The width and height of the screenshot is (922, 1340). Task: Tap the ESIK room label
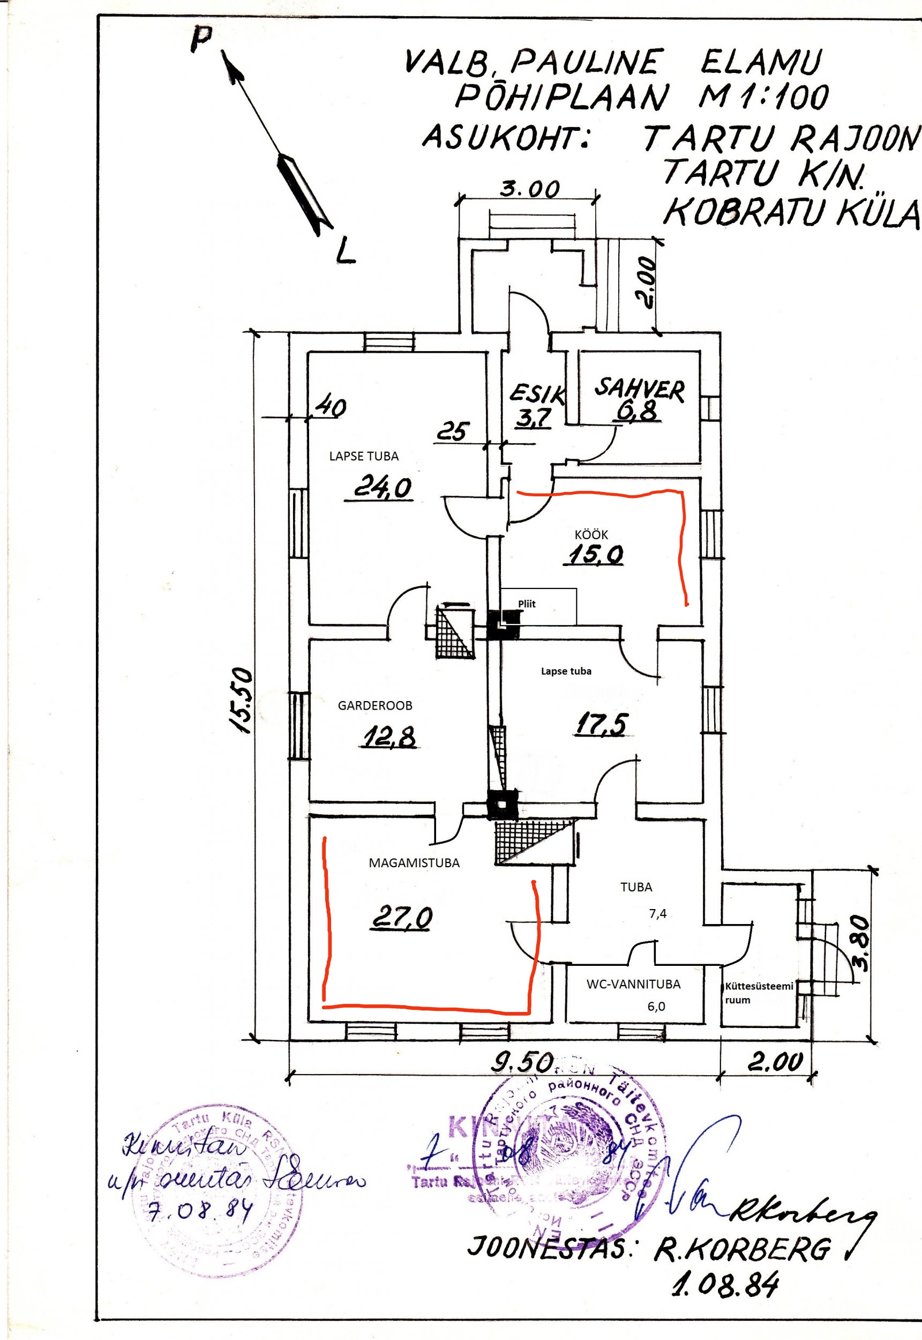coord(537,393)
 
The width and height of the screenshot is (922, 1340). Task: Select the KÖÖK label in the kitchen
coord(591,535)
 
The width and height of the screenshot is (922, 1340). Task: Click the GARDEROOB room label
coord(375,705)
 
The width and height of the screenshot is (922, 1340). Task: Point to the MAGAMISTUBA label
coord(414,863)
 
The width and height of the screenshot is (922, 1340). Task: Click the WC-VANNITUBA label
coord(633,984)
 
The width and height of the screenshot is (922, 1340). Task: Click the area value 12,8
coord(390,737)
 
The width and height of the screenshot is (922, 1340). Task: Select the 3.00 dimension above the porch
coord(529,188)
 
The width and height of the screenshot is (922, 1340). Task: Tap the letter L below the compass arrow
coord(345,250)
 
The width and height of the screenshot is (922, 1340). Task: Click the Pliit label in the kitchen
coord(527,604)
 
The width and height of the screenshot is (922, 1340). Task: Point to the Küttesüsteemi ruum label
coord(759,993)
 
